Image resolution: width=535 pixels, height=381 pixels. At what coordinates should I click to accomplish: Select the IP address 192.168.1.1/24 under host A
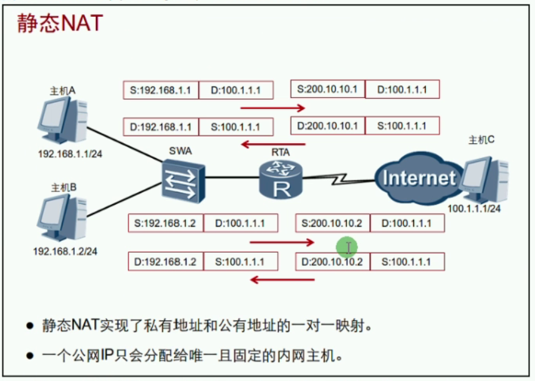pyautogui.click(x=65, y=153)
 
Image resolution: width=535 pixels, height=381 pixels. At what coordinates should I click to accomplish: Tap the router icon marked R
pyautogui.click(x=281, y=180)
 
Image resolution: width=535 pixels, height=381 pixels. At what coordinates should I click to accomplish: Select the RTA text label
pyautogui.click(x=281, y=152)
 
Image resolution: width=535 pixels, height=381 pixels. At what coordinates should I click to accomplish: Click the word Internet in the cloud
pyautogui.click(x=418, y=179)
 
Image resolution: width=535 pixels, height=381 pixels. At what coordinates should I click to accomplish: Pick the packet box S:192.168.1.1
pyautogui.click(x=161, y=90)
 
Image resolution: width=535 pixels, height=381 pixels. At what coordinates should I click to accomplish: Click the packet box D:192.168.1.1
pyautogui.click(x=161, y=126)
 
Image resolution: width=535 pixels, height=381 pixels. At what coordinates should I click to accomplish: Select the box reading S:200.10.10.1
pyautogui.click(x=327, y=89)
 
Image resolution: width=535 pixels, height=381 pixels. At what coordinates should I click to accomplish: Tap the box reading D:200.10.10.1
pyautogui.click(x=327, y=126)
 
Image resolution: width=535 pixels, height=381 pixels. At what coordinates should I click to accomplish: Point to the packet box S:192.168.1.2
pyautogui.click(x=165, y=223)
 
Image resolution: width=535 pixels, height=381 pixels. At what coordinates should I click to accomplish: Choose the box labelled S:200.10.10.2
pyautogui.click(x=332, y=223)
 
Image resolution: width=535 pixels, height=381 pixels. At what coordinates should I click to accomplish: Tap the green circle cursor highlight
pyautogui.click(x=347, y=248)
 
